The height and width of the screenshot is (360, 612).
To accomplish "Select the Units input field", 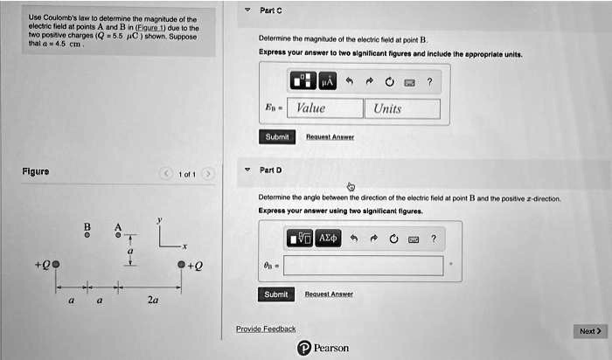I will [x=402, y=108].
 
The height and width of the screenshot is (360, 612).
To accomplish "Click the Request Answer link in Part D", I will [x=329, y=294].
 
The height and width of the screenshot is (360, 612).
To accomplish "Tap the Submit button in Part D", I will [x=275, y=294].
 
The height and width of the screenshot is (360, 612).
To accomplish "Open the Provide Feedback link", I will [x=266, y=329].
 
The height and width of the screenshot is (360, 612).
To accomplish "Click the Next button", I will [x=589, y=331].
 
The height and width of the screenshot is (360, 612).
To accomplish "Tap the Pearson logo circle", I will [x=303, y=348].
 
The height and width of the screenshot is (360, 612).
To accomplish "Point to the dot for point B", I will [x=87, y=235].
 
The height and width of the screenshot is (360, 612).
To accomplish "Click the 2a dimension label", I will [x=152, y=300].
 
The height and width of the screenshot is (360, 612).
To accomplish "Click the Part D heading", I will [x=271, y=169].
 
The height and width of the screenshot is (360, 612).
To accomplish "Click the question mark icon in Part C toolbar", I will [x=429, y=82].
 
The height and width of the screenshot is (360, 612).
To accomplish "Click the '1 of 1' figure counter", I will [x=185, y=174].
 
